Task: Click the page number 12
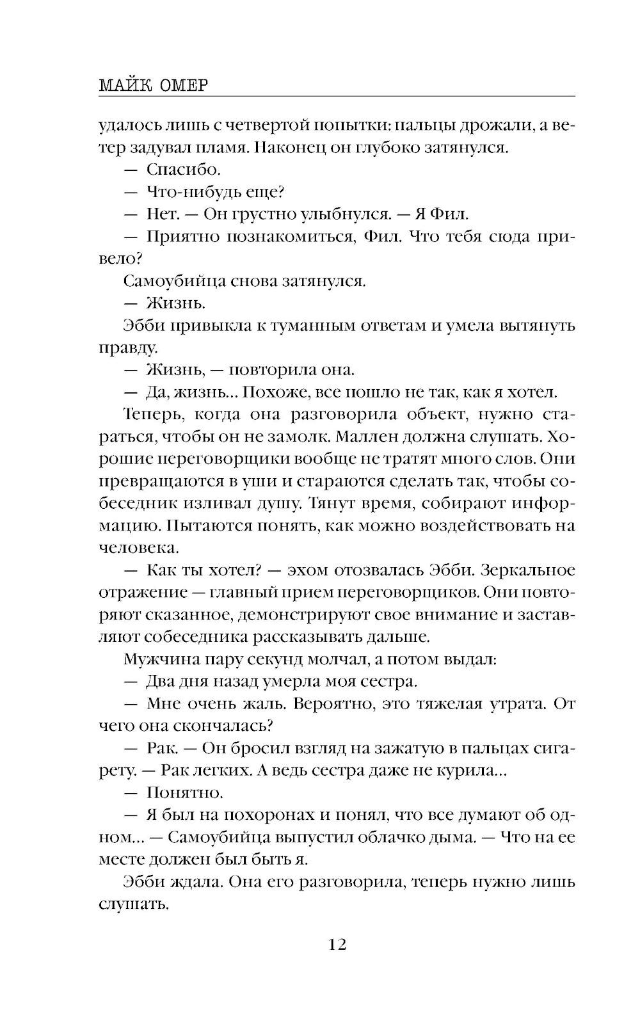tap(337, 944)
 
